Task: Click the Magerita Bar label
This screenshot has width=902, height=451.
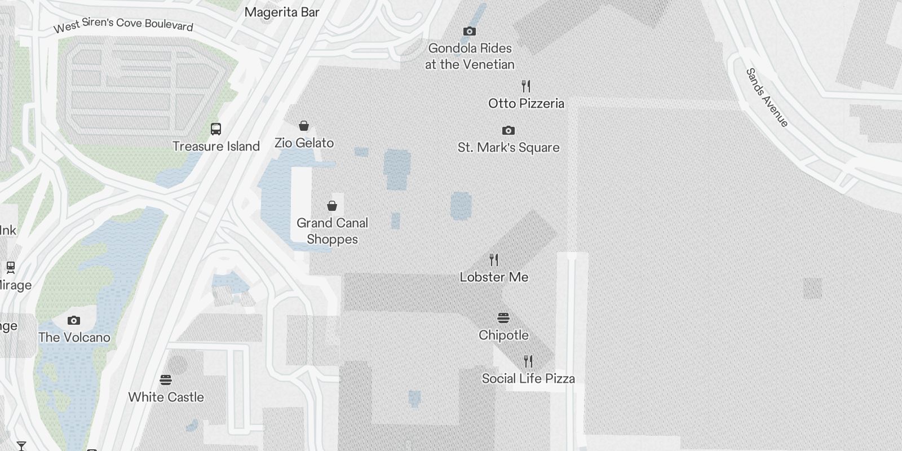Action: click(282, 12)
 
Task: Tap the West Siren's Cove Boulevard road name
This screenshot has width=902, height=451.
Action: click(123, 25)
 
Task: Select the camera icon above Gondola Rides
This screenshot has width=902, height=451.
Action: click(469, 31)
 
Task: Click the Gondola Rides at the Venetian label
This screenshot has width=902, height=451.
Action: click(470, 56)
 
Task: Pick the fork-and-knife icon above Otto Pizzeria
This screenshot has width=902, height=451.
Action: click(526, 86)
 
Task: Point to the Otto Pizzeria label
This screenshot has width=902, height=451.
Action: click(526, 103)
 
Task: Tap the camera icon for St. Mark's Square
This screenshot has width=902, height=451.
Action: click(508, 130)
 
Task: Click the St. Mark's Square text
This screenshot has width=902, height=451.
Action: click(509, 148)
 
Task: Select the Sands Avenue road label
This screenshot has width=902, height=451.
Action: click(767, 98)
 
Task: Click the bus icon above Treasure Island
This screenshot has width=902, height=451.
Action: click(216, 129)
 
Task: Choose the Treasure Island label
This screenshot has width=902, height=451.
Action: click(216, 147)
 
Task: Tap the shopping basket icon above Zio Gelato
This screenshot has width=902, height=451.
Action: click(304, 126)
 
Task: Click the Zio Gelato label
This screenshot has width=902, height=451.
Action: click(304, 143)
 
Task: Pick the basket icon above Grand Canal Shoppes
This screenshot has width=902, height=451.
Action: click(332, 206)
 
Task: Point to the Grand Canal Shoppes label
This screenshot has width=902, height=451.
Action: click(332, 231)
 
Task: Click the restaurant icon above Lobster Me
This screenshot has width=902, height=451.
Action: click(494, 260)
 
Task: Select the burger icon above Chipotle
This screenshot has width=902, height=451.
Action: click(503, 318)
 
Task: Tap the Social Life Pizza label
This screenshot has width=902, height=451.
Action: click(528, 379)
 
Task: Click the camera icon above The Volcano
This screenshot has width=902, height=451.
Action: click(74, 320)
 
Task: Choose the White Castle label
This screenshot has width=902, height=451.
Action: click(166, 397)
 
